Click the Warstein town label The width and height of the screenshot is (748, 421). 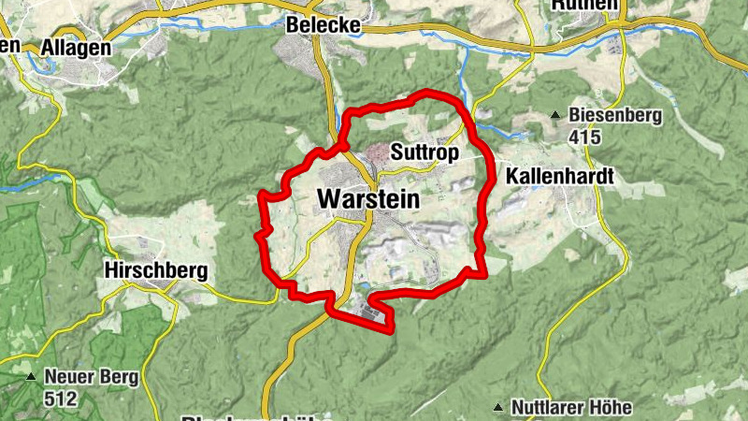368,199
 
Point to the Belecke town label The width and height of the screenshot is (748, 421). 324,25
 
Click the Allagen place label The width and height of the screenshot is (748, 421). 76,47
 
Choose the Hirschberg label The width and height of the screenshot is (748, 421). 156,271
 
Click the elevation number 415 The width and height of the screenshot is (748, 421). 584,137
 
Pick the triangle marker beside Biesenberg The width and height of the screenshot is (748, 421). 555,116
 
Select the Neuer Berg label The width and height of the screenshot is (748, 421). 91,378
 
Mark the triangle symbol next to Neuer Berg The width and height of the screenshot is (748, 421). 31,378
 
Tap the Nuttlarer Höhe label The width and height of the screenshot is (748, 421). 572,408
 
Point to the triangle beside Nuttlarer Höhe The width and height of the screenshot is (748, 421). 498,408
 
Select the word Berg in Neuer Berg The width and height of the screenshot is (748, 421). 118,378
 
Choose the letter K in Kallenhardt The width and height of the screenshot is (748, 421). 511,176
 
